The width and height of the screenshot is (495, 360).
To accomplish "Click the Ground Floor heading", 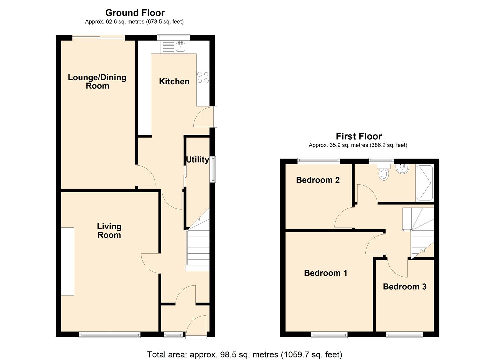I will pos(135,13).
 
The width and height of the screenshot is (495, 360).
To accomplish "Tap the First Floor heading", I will pos(358,136).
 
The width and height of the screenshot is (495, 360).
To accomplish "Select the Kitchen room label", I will pos(174,81).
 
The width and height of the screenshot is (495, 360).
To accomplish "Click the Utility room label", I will pos(197,160).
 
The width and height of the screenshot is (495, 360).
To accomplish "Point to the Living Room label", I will pos(109,231).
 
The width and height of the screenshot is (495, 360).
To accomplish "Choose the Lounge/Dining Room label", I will pos(97,82).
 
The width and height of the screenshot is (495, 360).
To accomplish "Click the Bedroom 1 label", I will pos(325,273).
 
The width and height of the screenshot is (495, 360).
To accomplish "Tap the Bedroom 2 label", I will pos(318,180).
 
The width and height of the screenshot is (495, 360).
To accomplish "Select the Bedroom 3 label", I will pos(404,287).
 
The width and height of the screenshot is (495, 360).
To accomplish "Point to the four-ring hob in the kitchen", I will pos(203,78).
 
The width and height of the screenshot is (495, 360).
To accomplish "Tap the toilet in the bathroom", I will pos(384,172).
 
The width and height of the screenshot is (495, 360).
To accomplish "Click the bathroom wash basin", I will pos(403,169).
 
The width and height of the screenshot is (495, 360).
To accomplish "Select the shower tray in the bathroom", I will pos(424,183).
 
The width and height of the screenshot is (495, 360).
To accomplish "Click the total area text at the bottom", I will pos(244,354).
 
